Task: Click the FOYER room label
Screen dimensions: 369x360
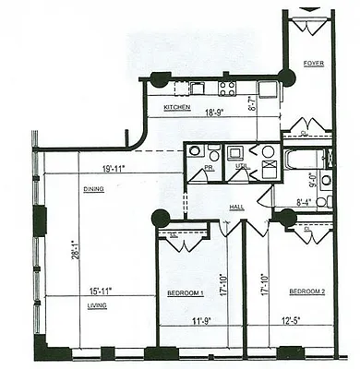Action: click(313, 65)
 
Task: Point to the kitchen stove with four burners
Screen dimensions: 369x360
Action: click(228, 89)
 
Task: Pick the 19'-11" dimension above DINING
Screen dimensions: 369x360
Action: click(114, 169)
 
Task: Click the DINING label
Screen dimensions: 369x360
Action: click(94, 189)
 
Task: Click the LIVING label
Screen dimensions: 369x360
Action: click(96, 305)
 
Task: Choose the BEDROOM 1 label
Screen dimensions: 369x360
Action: click(185, 293)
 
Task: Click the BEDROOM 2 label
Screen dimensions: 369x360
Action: click(306, 292)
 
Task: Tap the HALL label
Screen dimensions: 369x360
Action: click(235, 208)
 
